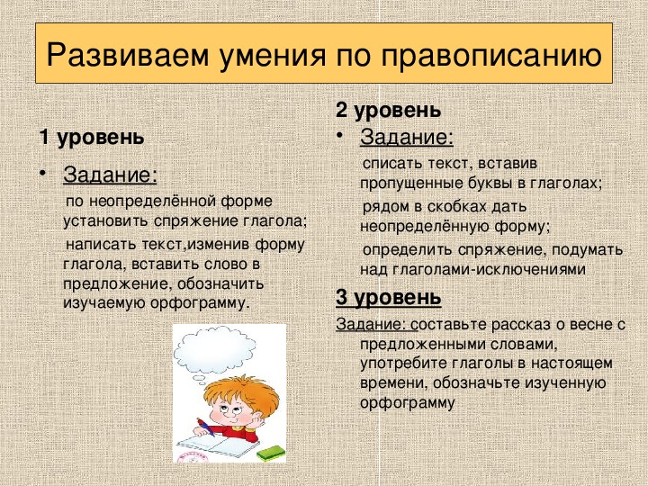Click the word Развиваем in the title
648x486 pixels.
coord(128,54)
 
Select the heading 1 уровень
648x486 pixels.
coord(92,137)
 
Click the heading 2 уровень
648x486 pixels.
coord(388,110)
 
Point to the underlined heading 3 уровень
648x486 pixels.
coord(388,297)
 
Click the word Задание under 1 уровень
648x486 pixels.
coord(111,175)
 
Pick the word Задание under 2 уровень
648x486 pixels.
coord(407,137)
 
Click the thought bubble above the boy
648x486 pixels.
coord(214,352)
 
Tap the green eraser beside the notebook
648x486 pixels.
coord(271,453)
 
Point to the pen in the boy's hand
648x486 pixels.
coord(205,427)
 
